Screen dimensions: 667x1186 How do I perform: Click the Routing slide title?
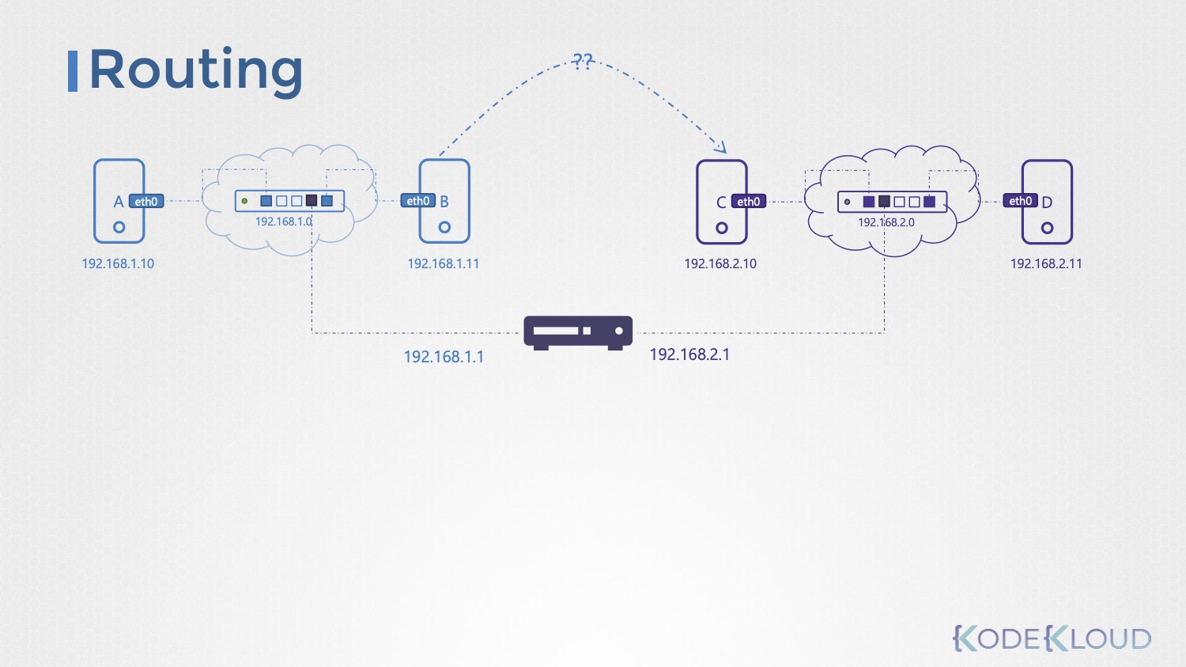tap(195, 70)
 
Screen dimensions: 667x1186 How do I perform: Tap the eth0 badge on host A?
tap(146, 202)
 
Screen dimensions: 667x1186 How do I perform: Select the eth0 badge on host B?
tap(417, 201)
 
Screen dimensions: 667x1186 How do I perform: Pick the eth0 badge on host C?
tap(748, 202)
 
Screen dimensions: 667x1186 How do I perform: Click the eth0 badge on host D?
tap(1020, 201)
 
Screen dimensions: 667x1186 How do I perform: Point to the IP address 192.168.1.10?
tap(118, 263)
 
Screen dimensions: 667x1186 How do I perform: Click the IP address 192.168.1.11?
tap(443, 263)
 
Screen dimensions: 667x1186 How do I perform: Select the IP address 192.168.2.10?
tap(720, 263)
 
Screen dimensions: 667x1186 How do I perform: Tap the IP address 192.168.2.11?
tap(1046, 263)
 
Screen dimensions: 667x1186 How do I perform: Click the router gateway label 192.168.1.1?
tap(444, 357)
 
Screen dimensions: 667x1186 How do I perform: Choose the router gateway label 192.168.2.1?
tap(689, 354)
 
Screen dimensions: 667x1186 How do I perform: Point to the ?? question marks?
tap(583, 61)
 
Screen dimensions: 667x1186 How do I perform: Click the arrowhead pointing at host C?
tap(720, 146)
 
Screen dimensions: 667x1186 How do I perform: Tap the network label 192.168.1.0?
tap(283, 222)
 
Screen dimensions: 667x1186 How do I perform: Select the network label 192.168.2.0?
tap(886, 222)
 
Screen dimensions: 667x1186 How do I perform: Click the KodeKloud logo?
tap(1052, 638)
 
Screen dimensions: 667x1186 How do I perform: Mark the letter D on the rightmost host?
tap(1047, 203)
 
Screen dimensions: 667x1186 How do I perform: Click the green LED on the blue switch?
tap(244, 201)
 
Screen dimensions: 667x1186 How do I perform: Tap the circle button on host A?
tap(119, 227)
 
